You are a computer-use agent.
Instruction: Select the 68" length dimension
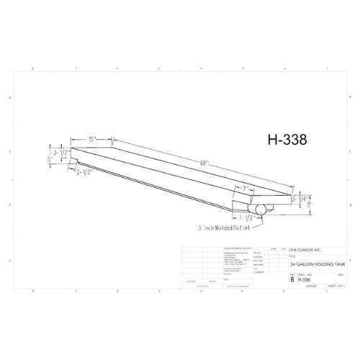tap(204, 165)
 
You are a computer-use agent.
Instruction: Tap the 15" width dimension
tap(93, 138)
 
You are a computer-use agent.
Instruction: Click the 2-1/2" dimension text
tap(87, 171)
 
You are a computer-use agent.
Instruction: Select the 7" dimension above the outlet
tap(246, 189)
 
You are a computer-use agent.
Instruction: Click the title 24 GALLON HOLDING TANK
tap(308, 264)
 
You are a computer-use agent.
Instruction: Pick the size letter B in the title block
tap(292, 279)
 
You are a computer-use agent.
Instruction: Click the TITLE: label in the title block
tap(292, 255)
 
